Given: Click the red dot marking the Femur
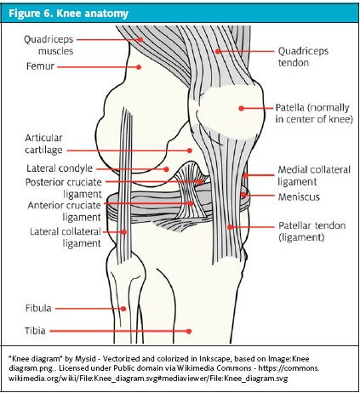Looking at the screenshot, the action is click(139, 67).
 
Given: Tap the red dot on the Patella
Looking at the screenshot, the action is click(241, 108).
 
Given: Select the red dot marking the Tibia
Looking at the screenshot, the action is click(189, 331).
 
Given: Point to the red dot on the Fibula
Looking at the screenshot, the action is click(123, 309).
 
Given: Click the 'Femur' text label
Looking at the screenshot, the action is click(40, 66).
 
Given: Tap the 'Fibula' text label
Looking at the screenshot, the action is click(38, 308).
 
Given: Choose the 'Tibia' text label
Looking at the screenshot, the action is click(35, 331).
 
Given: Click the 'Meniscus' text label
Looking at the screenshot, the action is click(299, 196).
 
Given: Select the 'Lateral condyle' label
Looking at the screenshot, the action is click(60, 168).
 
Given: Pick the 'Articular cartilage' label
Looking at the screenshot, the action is click(43, 144).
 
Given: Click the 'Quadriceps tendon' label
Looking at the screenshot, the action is click(303, 57).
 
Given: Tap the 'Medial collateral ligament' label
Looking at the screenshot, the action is click(314, 175).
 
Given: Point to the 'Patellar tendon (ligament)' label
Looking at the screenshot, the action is click(311, 231).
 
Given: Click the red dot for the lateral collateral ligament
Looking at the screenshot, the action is click(124, 232).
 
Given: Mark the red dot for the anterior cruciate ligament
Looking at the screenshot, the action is click(191, 203).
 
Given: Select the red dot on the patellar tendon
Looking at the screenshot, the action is click(230, 227).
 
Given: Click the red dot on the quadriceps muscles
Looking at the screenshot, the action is click(140, 40).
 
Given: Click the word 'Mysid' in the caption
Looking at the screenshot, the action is click(85, 359).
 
